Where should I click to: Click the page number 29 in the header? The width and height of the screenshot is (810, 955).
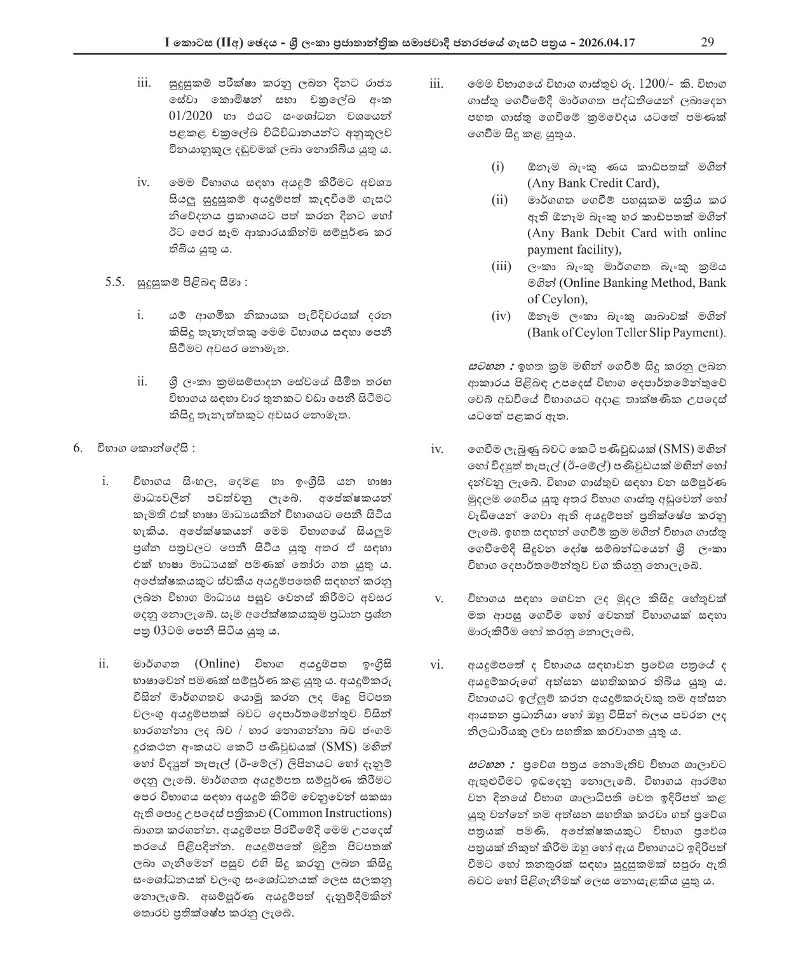[707, 43]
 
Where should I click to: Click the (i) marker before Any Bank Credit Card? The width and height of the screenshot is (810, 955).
[498, 167]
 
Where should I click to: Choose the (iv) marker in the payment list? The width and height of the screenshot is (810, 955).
[500, 316]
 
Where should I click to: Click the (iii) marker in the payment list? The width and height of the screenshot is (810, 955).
[501, 266]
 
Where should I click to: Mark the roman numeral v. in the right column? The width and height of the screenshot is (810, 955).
[438, 599]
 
